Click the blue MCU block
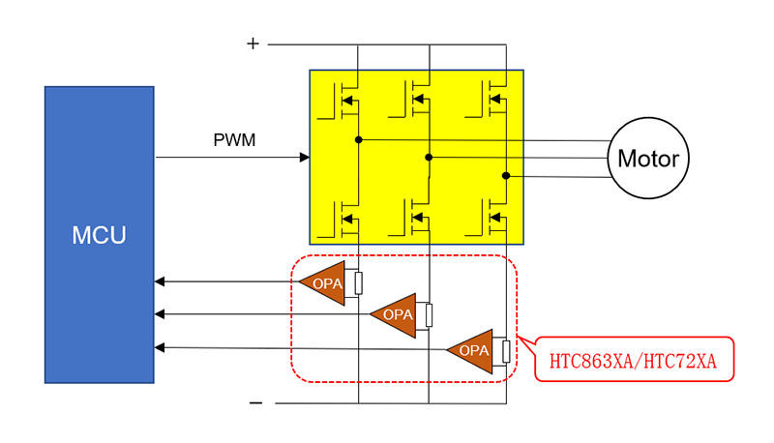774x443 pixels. tap(99, 234)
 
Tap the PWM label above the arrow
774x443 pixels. tap(234, 140)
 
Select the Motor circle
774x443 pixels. tap(648, 159)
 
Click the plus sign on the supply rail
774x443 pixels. tap(253, 44)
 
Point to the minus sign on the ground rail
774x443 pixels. tap(255, 402)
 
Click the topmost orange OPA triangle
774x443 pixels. tap(321, 282)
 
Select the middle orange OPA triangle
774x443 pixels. tap(395, 314)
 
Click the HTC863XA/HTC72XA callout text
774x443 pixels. tap(633, 362)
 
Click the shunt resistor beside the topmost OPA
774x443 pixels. tap(358, 282)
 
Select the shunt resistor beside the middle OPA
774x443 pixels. tap(429, 315)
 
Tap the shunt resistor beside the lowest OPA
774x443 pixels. tap(505, 350)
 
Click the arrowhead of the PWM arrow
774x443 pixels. tap(306, 157)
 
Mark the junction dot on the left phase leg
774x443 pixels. tap(358, 139)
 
